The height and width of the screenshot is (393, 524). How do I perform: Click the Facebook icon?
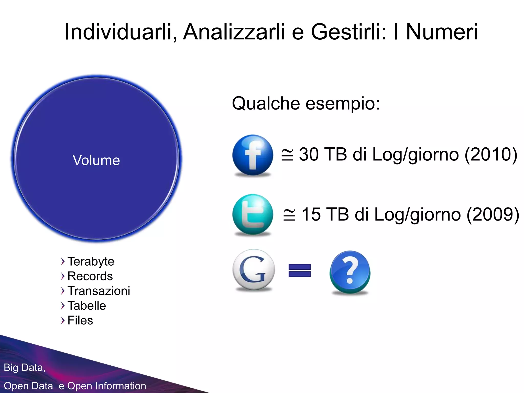point(253,155)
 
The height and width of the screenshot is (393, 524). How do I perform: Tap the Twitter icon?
point(253,214)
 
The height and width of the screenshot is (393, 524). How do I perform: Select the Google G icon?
point(254,270)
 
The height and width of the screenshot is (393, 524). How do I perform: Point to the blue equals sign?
point(300,270)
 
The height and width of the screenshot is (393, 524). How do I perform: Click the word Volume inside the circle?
point(96,160)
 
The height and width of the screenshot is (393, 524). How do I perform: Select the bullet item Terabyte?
point(91,261)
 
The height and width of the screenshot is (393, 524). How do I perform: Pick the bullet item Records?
point(90,276)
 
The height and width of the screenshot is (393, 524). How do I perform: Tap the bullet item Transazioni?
point(99,291)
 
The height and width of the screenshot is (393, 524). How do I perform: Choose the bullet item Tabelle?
point(86,306)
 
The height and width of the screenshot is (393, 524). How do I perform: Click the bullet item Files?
point(80,320)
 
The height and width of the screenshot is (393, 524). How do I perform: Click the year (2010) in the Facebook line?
point(491,155)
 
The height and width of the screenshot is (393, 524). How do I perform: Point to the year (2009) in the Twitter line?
point(493,214)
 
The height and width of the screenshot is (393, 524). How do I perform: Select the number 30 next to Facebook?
point(309,155)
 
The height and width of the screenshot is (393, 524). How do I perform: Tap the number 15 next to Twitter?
point(311,214)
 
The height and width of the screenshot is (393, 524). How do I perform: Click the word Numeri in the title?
point(442,32)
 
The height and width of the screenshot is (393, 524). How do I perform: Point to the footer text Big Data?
point(25,368)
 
